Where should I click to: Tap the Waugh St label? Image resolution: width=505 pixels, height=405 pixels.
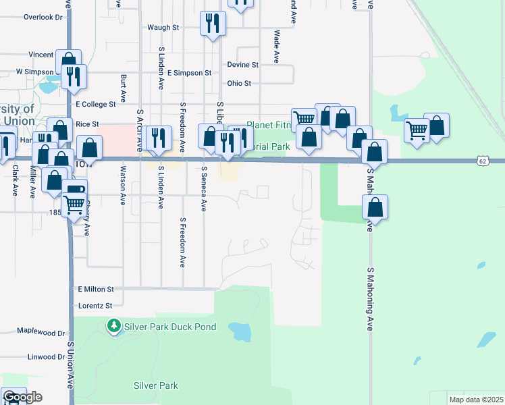click(x=163, y=28)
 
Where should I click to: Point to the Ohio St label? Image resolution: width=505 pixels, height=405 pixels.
click(x=239, y=84)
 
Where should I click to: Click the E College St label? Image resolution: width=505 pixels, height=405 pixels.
click(x=97, y=105)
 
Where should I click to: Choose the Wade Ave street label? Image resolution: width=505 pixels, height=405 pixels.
click(x=276, y=47)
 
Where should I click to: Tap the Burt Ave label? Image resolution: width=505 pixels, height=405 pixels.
click(x=124, y=88)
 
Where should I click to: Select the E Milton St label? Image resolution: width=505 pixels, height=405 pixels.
click(x=96, y=289)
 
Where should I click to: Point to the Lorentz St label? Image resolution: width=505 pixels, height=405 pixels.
click(x=95, y=306)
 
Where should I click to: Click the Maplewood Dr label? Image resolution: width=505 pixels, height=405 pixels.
click(x=41, y=333)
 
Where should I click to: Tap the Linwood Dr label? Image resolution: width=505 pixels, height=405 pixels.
click(x=45, y=357)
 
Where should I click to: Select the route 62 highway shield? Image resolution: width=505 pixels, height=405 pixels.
click(x=481, y=161)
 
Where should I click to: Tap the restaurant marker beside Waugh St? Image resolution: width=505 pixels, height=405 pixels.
click(x=213, y=24)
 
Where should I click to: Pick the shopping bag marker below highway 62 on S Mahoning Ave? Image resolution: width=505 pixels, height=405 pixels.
click(x=375, y=207)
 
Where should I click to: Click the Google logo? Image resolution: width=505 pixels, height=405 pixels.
click(x=22, y=397)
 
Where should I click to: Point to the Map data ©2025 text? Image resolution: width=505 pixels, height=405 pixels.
click(x=475, y=400)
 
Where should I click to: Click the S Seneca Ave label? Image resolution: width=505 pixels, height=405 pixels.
click(x=204, y=189)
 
